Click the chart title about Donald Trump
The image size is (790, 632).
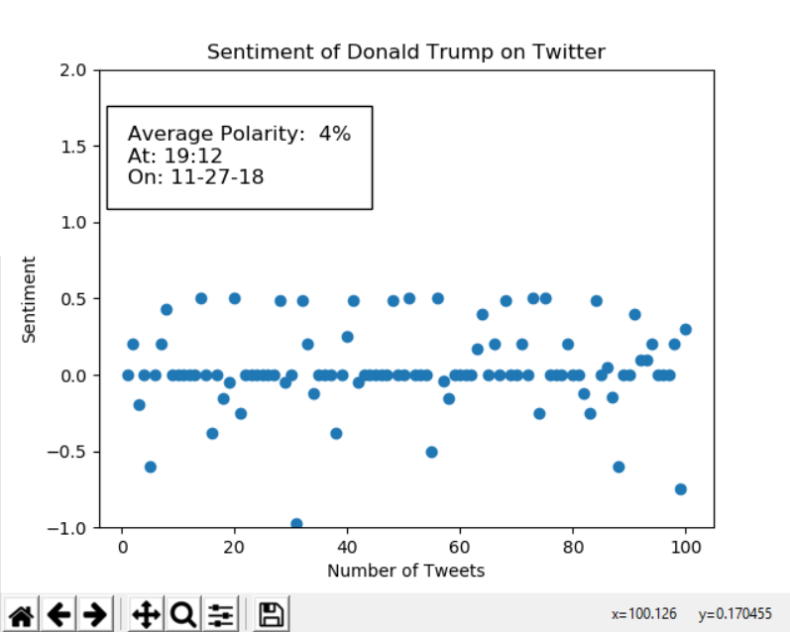tap(405, 52)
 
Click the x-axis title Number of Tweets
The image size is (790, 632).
tap(405, 570)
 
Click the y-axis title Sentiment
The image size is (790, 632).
tap(30, 299)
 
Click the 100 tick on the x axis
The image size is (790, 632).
tap(685, 547)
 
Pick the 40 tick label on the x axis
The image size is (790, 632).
tap(347, 547)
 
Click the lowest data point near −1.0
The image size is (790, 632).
tap(296, 524)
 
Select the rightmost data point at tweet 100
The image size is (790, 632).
tap(685, 329)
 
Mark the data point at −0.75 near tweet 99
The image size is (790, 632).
tap(680, 489)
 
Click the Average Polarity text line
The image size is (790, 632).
tap(239, 134)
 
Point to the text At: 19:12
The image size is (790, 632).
tap(175, 156)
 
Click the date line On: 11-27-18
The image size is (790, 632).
tap(196, 177)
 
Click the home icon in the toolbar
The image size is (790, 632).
tap(22, 615)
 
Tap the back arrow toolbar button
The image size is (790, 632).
tap(58, 615)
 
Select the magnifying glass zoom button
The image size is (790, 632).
tap(184, 615)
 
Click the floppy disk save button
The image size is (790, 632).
tap(270, 615)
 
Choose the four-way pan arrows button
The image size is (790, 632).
tap(146, 615)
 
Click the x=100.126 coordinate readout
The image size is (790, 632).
tap(644, 615)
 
